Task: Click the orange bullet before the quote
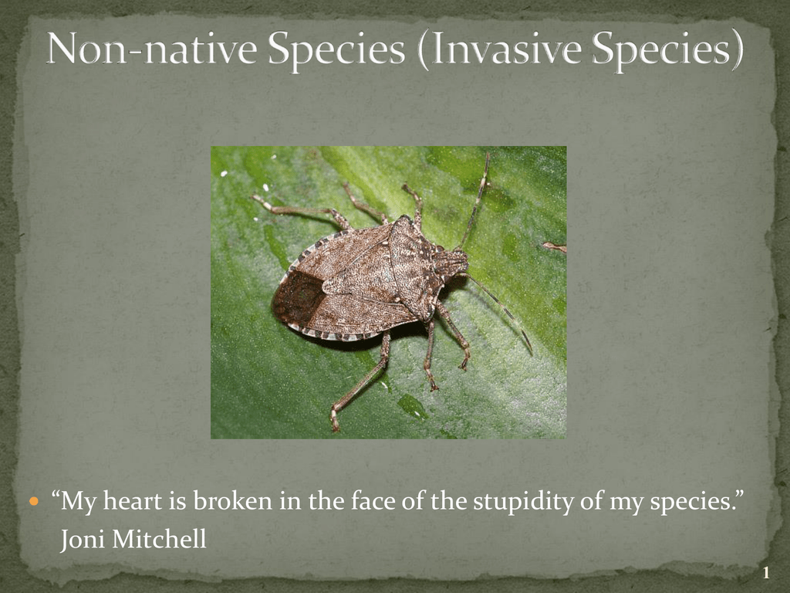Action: (34, 502)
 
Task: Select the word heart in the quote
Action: (133, 501)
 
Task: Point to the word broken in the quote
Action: (232, 501)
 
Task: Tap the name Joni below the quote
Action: (82, 540)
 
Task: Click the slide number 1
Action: (766, 573)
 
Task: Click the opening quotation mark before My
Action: (55, 494)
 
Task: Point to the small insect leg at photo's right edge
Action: (555, 247)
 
